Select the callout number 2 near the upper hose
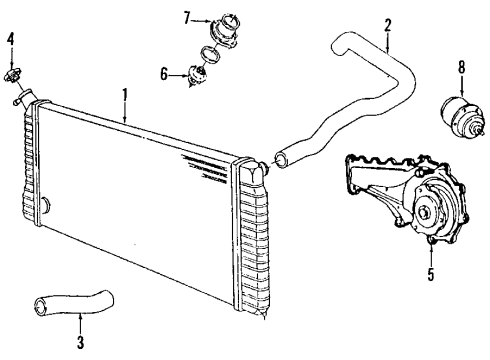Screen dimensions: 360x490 pyautogui.click(x=387, y=23)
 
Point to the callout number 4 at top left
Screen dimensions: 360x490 pyautogui.click(x=11, y=39)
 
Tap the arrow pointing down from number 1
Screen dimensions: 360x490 pyautogui.click(x=125, y=112)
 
